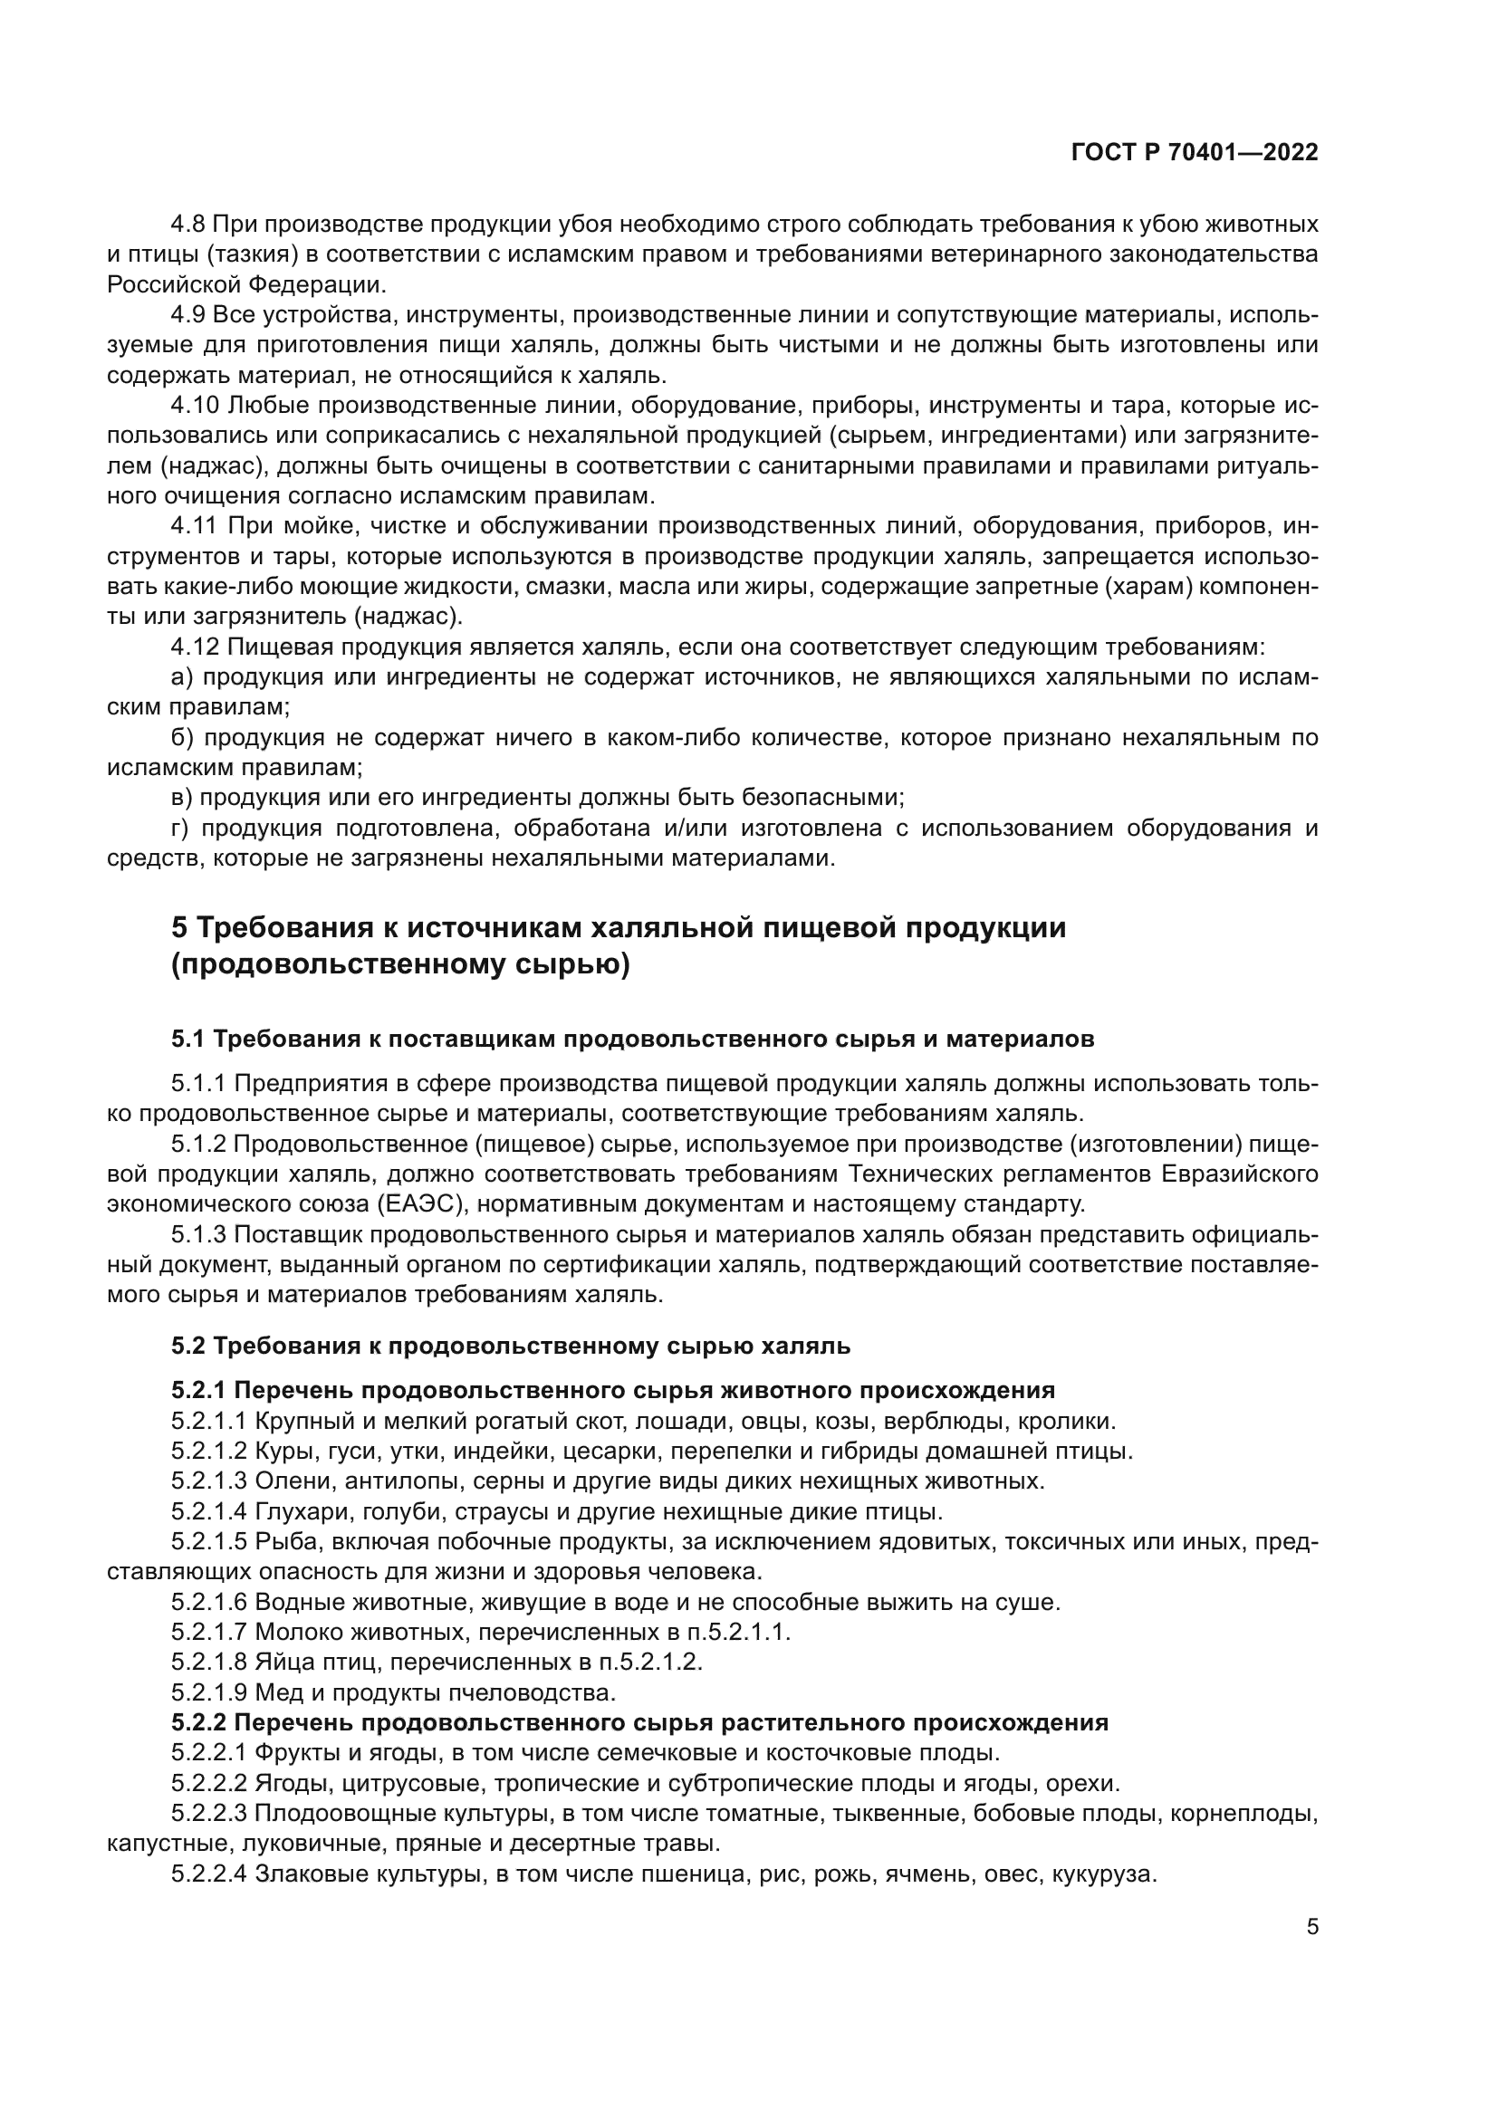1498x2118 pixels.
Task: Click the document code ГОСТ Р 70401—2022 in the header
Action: pyautogui.click(x=1194, y=153)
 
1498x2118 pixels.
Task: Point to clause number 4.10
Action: pyautogui.click(x=195, y=406)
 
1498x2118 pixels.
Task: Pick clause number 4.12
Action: pyautogui.click(x=195, y=647)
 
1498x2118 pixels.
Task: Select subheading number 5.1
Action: pyautogui.click(x=187, y=1040)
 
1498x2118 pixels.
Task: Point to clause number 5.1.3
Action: pyautogui.click(x=197, y=1235)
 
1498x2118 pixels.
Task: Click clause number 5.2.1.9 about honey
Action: pyautogui.click(x=208, y=1692)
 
